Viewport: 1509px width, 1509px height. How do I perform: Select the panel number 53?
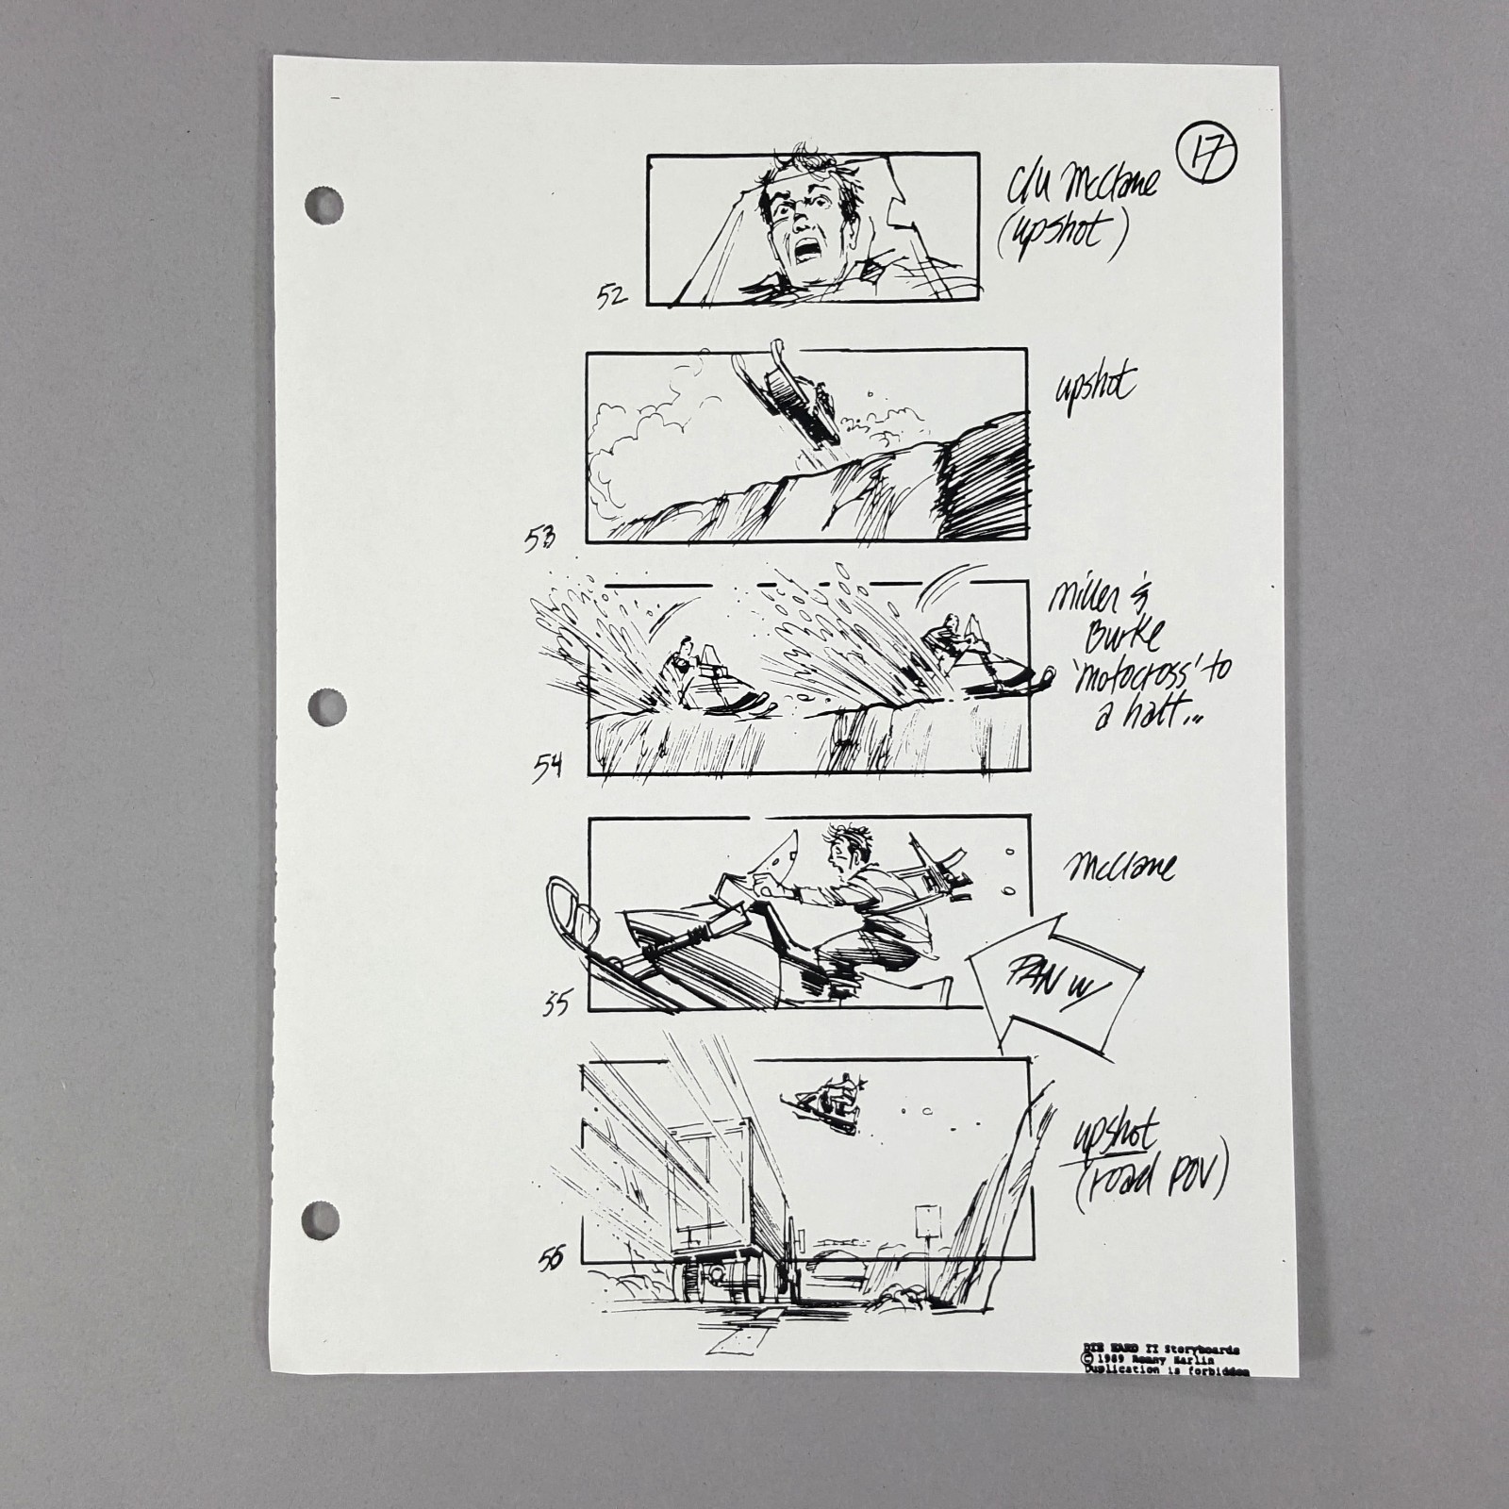point(541,539)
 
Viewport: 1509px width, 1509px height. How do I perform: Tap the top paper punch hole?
point(323,206)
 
